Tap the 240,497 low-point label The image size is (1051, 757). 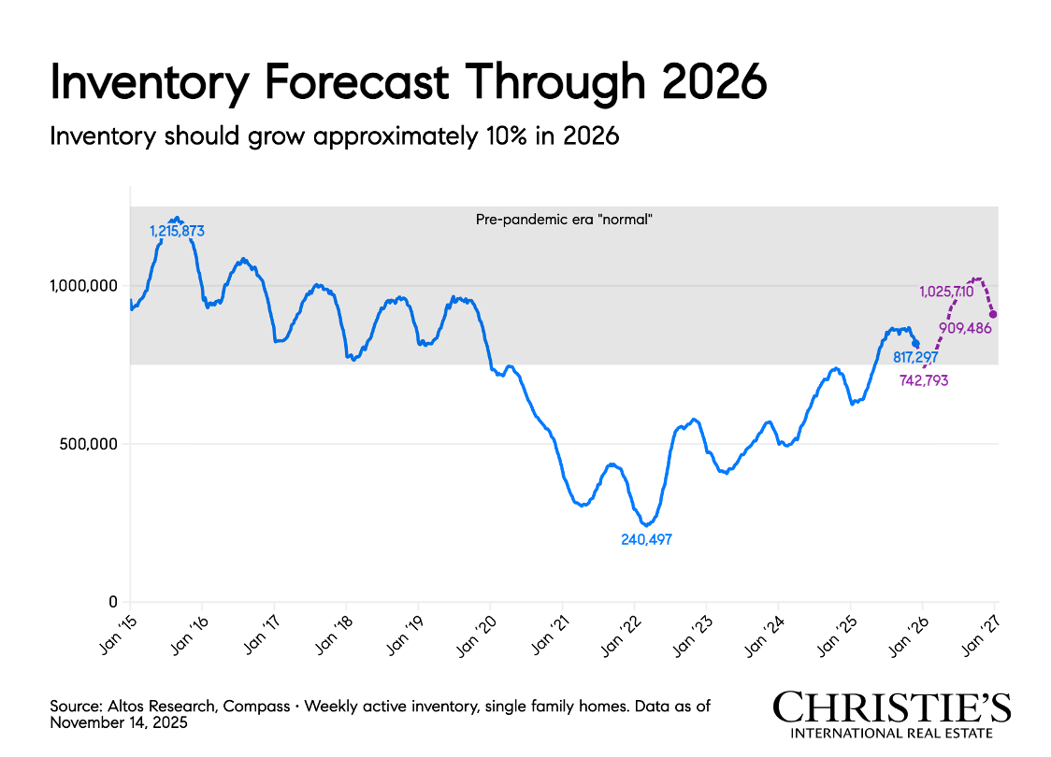[x=646, y=539]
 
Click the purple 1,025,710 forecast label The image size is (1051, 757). [x=947, y=293]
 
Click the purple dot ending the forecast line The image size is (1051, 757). [x=992, y=315]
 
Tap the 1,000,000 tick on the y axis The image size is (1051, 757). [x=81, y=285]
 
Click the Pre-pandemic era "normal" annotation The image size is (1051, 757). [x=564, y=220]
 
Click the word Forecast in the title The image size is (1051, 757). [x=356, y=83]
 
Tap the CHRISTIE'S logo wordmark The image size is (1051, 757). [x=892, y=707]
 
